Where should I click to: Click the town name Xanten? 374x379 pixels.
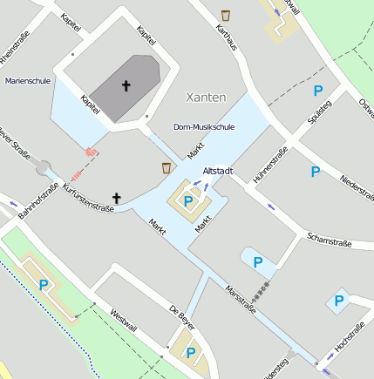(207, 97)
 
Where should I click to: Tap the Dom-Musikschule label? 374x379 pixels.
(204, 127)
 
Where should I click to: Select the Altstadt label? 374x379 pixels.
(217, 171)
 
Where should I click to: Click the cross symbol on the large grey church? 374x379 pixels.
(126, 85)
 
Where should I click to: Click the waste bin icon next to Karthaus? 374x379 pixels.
(226, 15)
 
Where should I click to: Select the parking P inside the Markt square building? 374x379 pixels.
(188, 201)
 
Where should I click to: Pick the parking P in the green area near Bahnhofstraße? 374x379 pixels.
(44, 284)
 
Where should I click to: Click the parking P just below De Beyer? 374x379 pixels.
(190, 353)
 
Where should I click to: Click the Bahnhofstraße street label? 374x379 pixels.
(38, 200)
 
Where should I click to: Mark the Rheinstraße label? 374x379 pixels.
(17, 45)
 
